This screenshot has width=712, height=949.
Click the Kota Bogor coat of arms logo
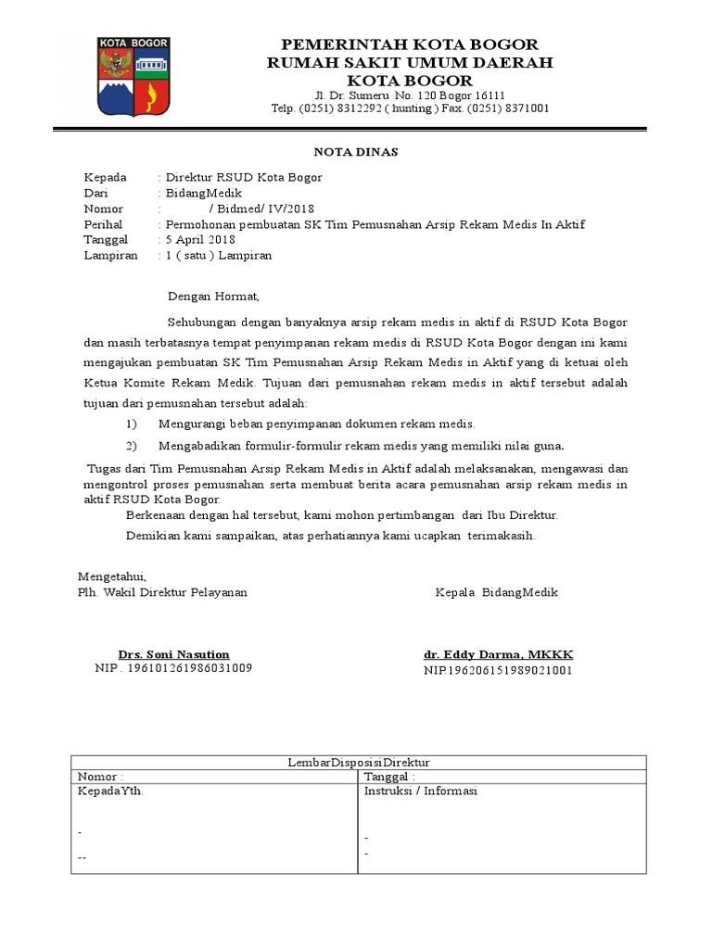[135, 77]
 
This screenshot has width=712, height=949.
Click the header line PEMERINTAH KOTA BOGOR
[409, 44]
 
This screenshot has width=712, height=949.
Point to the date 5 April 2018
[203, 240]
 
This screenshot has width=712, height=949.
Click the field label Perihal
[104, 225]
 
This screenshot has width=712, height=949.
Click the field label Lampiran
[111, 256]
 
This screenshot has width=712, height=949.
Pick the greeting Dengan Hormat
[214, 297]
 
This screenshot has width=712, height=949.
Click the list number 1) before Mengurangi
[131, 424]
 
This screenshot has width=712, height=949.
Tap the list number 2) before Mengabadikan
[131, 445]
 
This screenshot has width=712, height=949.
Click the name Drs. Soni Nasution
[173, 654]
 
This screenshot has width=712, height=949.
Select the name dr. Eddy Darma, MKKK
[498, 654]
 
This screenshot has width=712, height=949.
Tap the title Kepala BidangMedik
[497, 592]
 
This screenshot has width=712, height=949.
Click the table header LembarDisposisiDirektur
[359, 762]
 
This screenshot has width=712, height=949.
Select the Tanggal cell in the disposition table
[389, 777]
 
